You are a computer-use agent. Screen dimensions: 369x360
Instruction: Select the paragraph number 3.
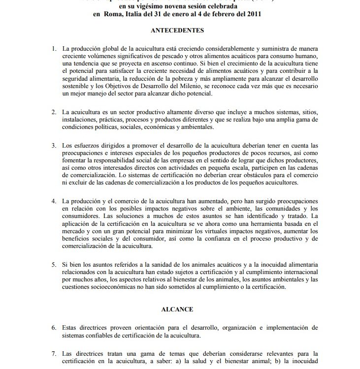[54, 146]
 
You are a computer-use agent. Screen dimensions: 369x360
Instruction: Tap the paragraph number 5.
[54, 265]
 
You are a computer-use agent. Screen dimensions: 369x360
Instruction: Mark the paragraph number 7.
[54, 354]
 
